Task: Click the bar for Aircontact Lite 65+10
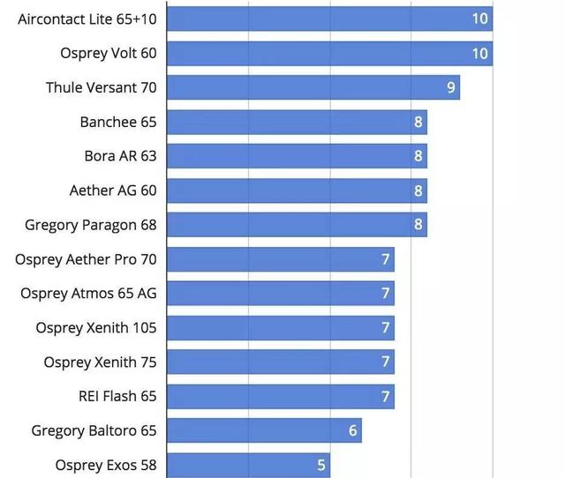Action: (328, 19)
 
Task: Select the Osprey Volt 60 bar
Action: (328, 53)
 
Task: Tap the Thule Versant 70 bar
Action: (313, 87)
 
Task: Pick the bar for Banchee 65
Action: (296, 122)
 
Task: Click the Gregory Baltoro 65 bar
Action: (263, 430)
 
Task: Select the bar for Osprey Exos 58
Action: (247, 465)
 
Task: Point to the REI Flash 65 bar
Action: (280, 396)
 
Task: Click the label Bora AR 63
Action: (120, 156)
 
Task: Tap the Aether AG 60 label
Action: (113, 190)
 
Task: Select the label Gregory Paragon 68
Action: (91, 225)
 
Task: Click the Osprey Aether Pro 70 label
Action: (86, 259)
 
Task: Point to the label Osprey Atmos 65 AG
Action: (88, 293)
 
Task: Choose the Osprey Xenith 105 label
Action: (96, 328)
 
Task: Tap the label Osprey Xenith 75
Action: (100, 362)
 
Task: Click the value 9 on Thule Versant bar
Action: (451, 87)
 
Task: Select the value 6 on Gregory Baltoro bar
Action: (353, 430)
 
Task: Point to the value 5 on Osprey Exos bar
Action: (321, 465)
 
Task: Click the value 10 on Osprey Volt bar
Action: (480, 53)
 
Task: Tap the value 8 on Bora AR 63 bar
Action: (418, 156)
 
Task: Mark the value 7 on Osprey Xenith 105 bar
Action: (386, 328)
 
